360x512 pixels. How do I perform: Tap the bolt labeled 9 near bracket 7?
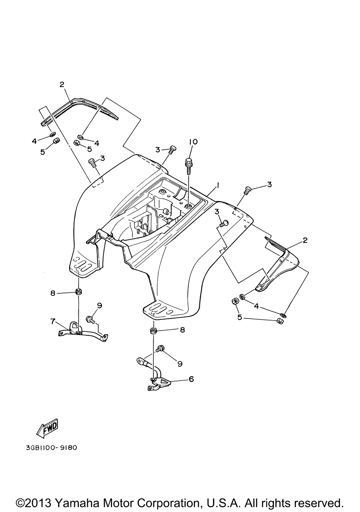(x=90, y=318)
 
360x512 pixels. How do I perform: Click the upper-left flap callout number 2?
(x=62, y=85)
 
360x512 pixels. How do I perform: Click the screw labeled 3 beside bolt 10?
(x=172, y=149)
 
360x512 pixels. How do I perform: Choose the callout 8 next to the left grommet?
(x=53, y=293)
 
